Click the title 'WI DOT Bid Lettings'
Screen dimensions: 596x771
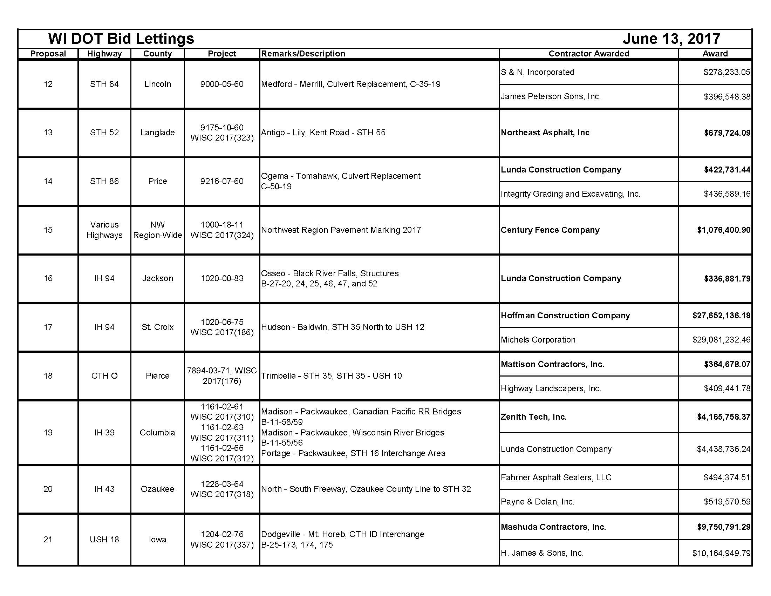(x=121, y=39)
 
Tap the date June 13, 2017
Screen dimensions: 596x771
(x=671, y=39)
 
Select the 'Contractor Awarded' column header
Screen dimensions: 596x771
(x=588, y=54)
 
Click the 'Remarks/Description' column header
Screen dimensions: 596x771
(x=303, y=54)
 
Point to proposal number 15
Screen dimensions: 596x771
(x=48, y=230)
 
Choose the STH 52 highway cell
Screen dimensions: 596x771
(x=104, y=133)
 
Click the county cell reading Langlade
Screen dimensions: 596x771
(x=157, y=133)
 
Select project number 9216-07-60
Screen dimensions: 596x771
(x=222, y=181)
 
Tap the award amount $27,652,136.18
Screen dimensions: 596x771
(x=721, y=315)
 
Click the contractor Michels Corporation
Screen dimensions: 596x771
(x=538, y=340)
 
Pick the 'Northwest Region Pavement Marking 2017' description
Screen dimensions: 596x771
(x=341, y=230)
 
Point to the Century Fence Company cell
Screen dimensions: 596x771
(x=550, y=230)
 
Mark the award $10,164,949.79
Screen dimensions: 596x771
(x=721, y=553)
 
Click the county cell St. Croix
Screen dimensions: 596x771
(x=157, y=327)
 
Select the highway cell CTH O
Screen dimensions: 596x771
(x=104, y=376)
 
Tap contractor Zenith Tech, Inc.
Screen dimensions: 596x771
(x=533, y=417)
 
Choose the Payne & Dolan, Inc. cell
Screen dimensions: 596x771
(x=537, y=502)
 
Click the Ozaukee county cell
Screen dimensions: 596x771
(x=157, y=489)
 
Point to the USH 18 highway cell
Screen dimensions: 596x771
(x=104, y=540)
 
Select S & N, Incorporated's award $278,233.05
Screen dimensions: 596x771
(x=726, y=72)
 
